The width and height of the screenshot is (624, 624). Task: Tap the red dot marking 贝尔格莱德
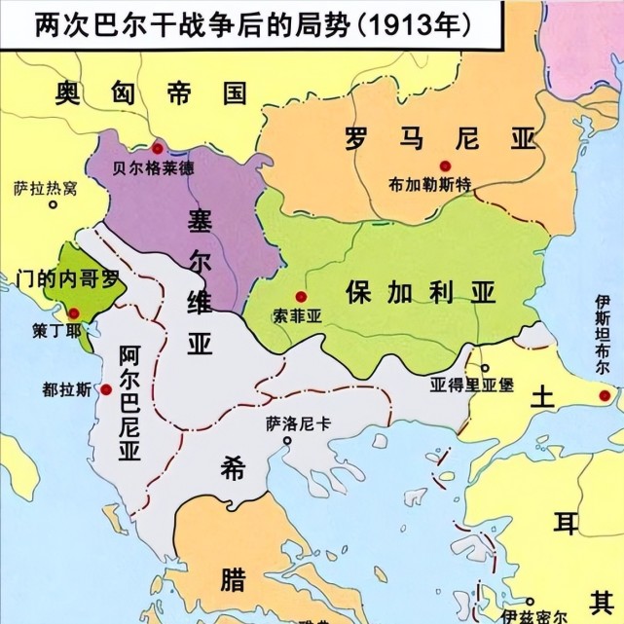click(157, 148)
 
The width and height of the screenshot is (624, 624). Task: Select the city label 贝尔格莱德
click(154, 167)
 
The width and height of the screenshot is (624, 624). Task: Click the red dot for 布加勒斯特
click(445, 165)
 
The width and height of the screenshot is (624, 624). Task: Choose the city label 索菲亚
click(299, 315)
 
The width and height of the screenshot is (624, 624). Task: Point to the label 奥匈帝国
click(150, 93)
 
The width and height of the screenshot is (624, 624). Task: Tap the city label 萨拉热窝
click(46, 189)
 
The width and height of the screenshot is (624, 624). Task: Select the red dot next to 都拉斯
click(105, 388)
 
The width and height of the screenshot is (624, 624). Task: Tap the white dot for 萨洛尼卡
click(287, 441)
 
